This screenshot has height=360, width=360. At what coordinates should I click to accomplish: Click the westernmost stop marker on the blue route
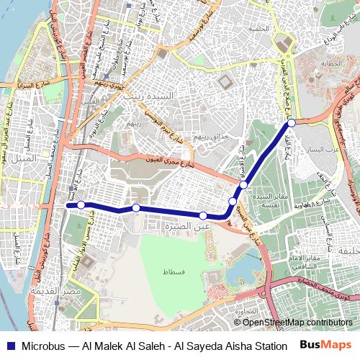81,205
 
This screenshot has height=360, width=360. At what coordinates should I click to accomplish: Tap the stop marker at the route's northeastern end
292,123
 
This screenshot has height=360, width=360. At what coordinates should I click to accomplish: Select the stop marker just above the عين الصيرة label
204,215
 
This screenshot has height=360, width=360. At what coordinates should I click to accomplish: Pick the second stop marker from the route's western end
136,208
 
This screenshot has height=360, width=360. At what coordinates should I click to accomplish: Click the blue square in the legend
9,345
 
